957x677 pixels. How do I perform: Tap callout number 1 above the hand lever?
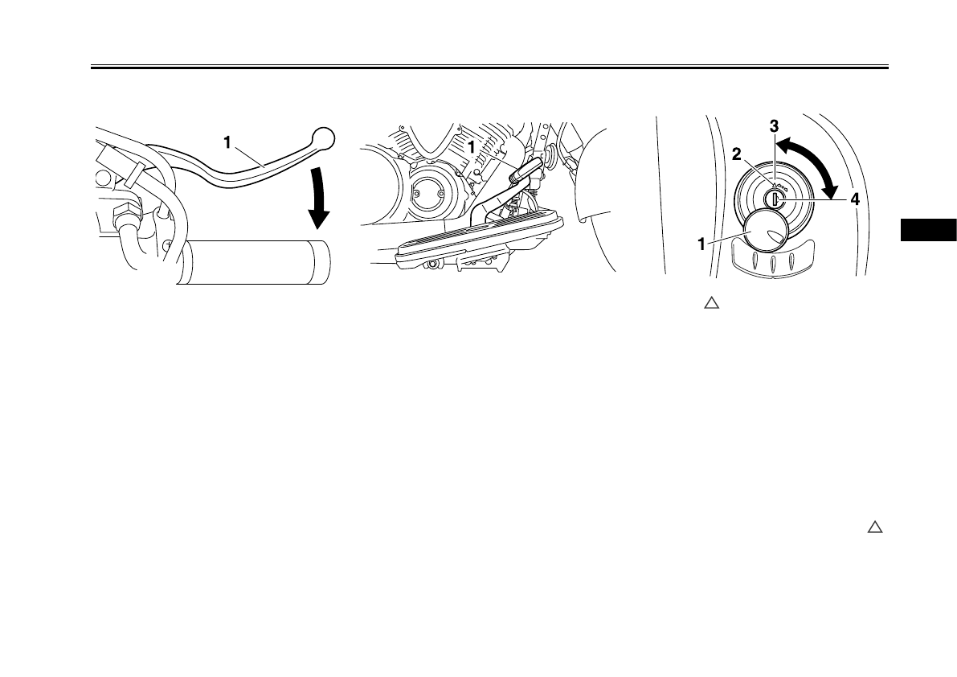tap(228, 142)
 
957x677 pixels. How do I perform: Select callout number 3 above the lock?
tap(773, 126)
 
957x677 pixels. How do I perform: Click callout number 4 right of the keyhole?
tap(855, 200)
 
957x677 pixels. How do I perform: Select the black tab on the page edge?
tap(928, 228)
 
